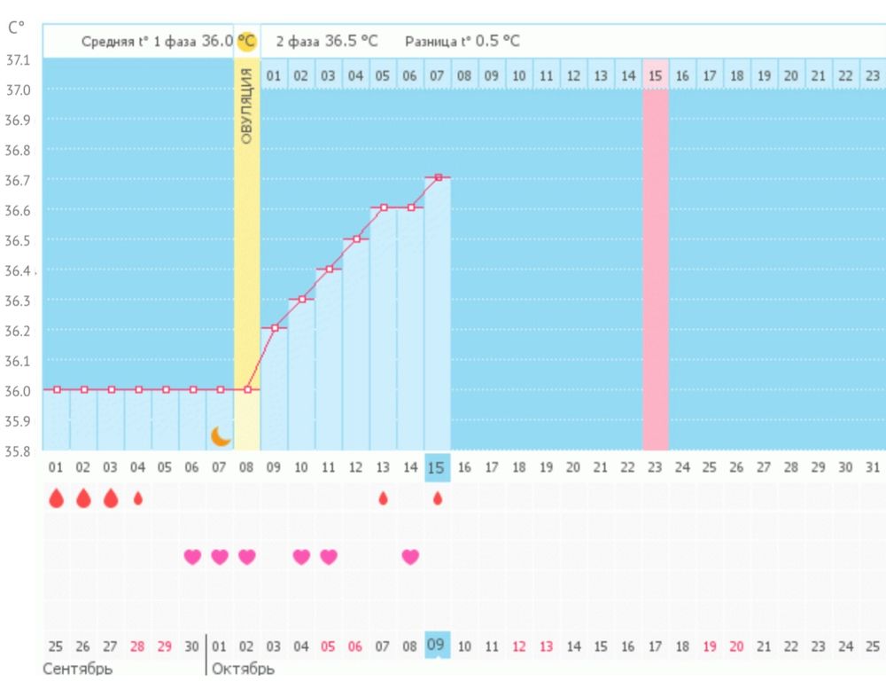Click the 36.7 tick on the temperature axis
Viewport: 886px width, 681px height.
point(19,180)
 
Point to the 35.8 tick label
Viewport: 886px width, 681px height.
point(19,450)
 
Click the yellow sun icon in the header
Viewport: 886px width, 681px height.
point(246,41)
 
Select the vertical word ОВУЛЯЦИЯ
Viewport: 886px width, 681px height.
point(247,106)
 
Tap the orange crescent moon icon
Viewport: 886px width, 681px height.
point(220,436)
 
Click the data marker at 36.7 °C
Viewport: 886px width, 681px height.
point(438,177)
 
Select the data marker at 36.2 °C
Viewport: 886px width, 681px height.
point(275,328)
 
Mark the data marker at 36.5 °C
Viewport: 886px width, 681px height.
point(356,239)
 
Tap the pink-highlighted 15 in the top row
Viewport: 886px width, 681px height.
point(655,76)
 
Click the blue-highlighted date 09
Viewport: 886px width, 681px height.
point(436,645)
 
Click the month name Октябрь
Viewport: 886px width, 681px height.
point(243,668)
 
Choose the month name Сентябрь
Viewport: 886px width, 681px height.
point(77,668)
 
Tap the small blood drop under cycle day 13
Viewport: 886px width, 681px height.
point(383,498)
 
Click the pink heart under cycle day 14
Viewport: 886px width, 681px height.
point(410,557)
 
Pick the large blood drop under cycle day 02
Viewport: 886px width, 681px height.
point(83,498)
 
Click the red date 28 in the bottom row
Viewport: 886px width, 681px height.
point(137,646)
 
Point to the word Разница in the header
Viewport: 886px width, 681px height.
point(430,41)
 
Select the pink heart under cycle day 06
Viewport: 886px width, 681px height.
point(192,557)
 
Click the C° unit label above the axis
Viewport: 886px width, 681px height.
point(16,27)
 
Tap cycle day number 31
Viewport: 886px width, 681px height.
point(872,466)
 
